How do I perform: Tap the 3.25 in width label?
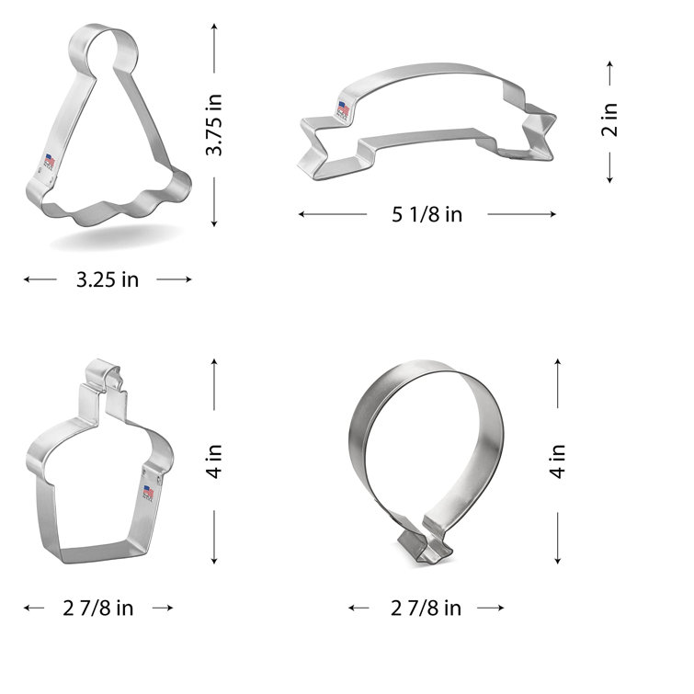pos(107,279)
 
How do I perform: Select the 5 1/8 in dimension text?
pos(427,215)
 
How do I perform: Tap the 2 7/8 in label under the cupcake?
pos(98,608)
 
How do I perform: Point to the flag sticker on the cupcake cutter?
pos(147,494)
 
